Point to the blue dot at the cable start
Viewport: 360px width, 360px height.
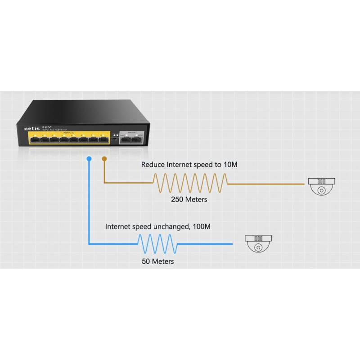pyautogui.click(x=89, y=159)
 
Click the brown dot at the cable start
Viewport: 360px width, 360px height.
pyautogui.click(x=104, y=159)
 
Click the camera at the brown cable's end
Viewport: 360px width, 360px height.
pyautogui.click(x=321, y=186)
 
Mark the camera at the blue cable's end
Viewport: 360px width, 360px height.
pyautogui.click(x=258, y=243)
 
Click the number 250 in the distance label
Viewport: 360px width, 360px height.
pyautogui.click(x=177, y=199)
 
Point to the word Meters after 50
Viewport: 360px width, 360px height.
pyautogui.click(x=162, y=261)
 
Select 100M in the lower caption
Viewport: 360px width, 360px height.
pyautogui.click(x=201, y=226)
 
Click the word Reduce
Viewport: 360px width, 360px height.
pyautogui.click(x=153, y=165)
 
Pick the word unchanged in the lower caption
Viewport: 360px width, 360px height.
pyautogui.click(x=170, y=226)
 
